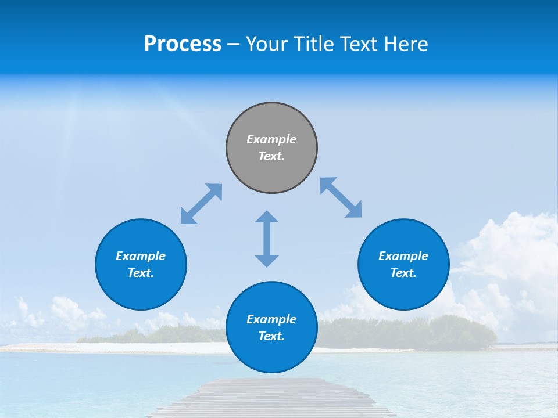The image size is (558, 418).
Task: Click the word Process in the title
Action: pyautogui.click(x=183, y=44)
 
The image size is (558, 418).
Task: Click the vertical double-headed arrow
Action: pyautogui.click(x=267, y=239)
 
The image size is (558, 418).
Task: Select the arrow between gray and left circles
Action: pyautogui.click(x=201, y=204)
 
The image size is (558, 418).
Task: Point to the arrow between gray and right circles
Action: pyautogui.click(x=341, y=197)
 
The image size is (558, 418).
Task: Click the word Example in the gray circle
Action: pyautogui.click(x=271, y=139)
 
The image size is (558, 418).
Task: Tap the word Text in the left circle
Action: pyautogui.click(x=141, y=273)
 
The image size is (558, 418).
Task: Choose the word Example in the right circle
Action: pyautogui.click(x=403, y=256)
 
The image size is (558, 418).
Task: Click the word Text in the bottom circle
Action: pyautogui.click(x=271, y=336)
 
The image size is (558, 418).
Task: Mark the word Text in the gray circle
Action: pyautogui.click(x=271, y=156)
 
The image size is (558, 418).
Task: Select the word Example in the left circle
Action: pyautogui.click(x=141, y=256)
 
